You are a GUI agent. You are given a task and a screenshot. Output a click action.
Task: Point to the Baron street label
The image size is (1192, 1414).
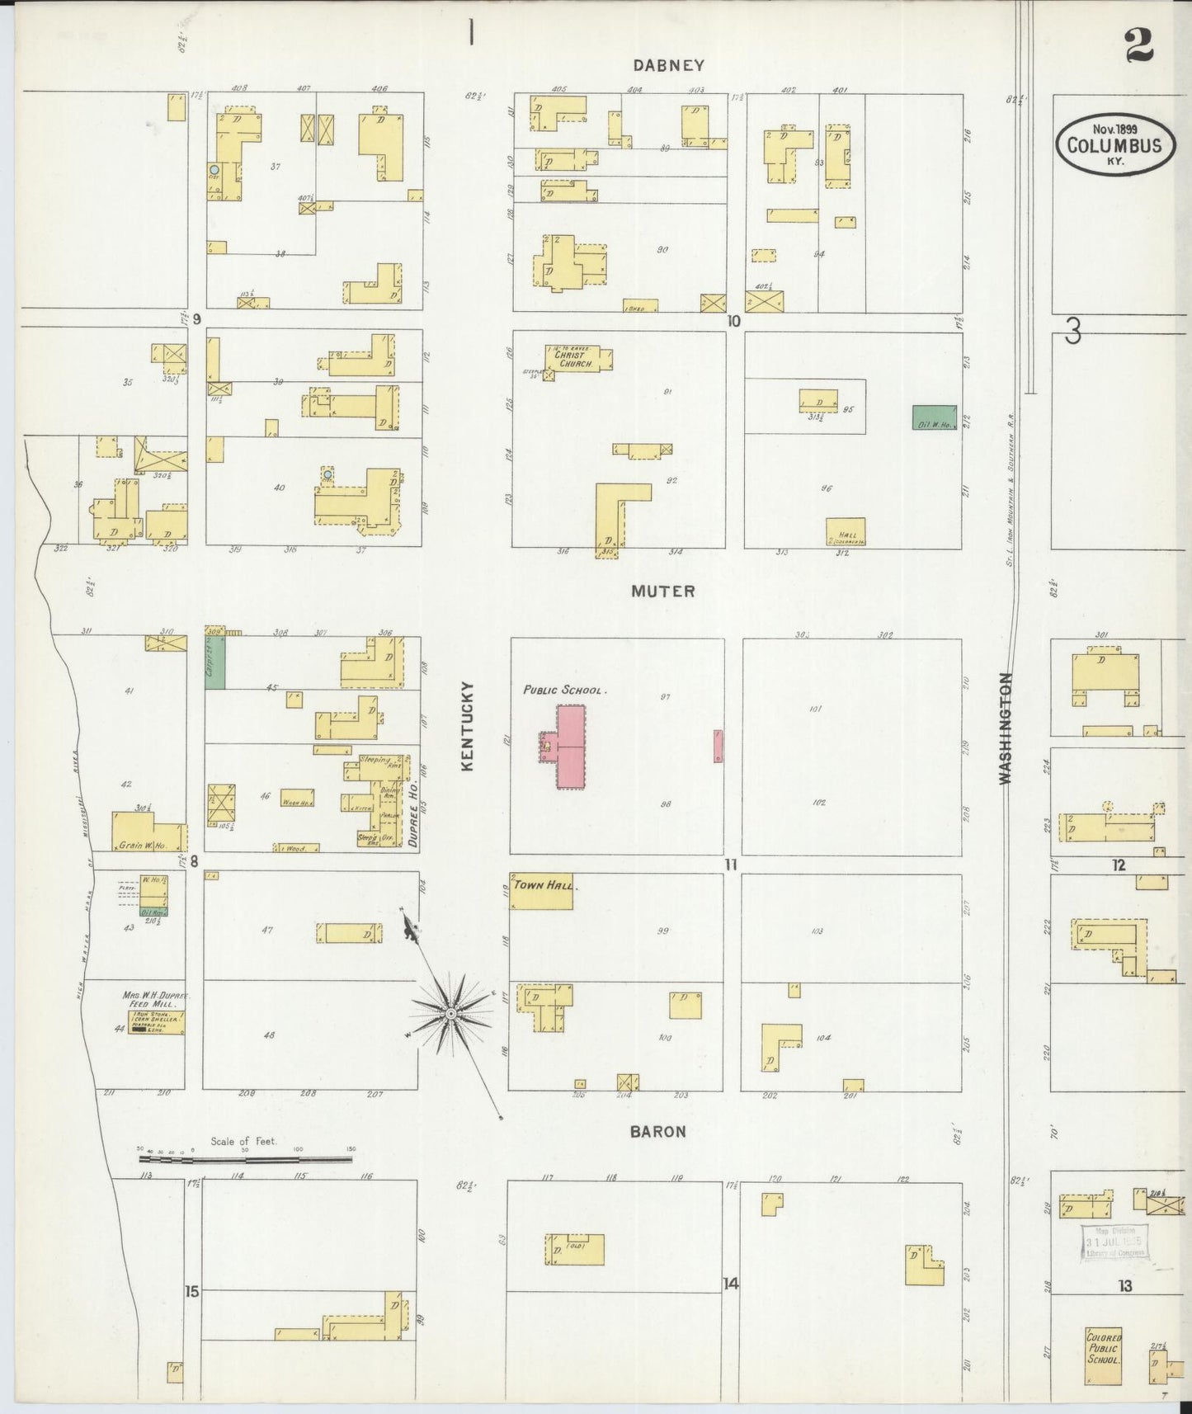[x=657, y=1132]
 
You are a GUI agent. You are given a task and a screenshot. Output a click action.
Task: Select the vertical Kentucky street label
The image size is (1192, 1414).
[x=466, y=726]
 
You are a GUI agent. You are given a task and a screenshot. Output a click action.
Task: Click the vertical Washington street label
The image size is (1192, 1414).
[x=1005, y=728]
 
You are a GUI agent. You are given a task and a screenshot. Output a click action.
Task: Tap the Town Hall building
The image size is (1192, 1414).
[x=543, y=893]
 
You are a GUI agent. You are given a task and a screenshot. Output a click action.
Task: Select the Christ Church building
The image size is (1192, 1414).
[x=577, y=357]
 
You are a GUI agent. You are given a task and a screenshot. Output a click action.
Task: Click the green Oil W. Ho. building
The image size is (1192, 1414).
[x=934, y=419]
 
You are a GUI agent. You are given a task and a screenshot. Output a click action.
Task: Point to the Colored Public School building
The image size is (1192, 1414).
[x=1104, y=1355]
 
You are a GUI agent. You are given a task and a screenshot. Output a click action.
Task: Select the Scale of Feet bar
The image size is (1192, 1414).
[x=245, y=1158]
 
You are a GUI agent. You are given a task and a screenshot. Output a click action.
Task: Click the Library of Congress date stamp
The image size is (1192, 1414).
[x=1115, y=1243]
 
